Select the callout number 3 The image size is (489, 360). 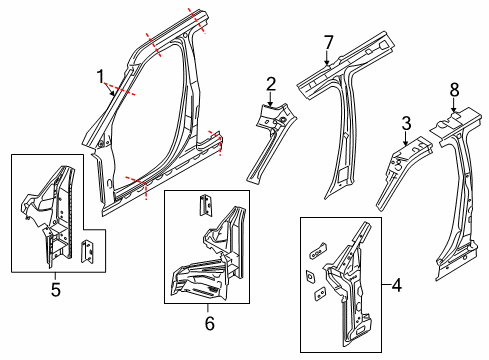pyautogui.click(x=405, y=123)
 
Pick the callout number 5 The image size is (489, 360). pyautogui.click(x=56, y=290)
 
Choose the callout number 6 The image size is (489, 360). pyautogui.click(x=208, y=322)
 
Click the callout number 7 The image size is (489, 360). pyautogui.click(x=327, y=41)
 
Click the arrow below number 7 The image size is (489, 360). pyautogui.click(x=327, y=60)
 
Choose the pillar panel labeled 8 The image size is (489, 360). pyautogui.click(x=455, y=190)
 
